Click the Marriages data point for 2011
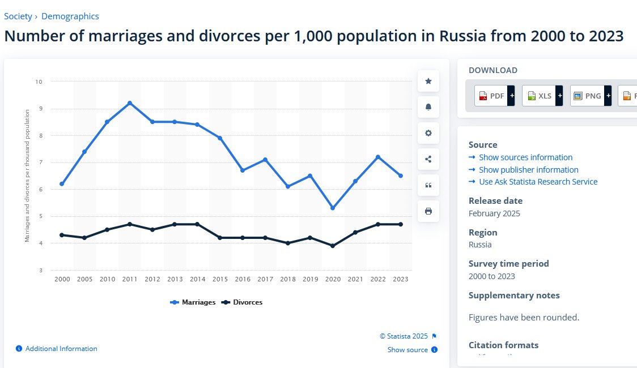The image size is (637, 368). tap(130, 103)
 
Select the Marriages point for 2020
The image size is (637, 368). tap(333, 208)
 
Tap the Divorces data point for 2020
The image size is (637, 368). tap(333, 246)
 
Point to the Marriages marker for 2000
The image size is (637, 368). tap(62, 184)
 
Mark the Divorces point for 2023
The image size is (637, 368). tap(401, 224)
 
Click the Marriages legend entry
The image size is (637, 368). tap(193, 302)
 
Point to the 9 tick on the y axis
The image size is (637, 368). tap(40, 109)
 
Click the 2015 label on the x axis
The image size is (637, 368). tap(220, 279)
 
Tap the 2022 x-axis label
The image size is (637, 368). tap(378, 279)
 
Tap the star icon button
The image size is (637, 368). tap(428, 82)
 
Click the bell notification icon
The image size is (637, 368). tap(428, 107)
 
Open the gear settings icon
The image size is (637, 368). tap(428, 133)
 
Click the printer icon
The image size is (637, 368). tap(428, 211)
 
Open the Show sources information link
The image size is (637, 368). tap(525, 157)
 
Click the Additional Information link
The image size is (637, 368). tap(61, 349)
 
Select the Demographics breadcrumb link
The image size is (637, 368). tap(70, 16)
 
